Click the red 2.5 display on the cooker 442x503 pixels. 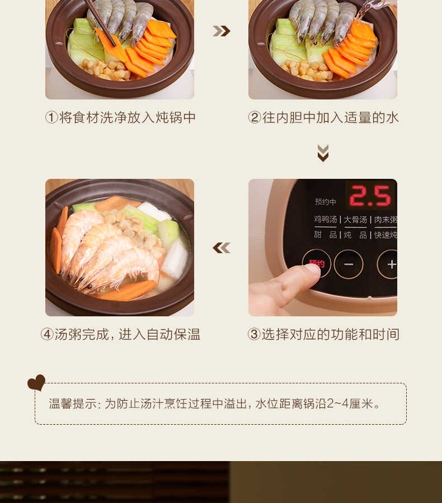pos(370,197)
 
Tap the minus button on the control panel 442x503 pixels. pos(349,264)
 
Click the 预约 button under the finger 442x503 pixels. pos(317,263)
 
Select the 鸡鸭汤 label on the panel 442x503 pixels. pos(326,219)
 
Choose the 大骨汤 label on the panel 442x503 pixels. pos(356,219)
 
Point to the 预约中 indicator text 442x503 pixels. pos(326,202)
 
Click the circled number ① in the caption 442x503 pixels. pos(51,117)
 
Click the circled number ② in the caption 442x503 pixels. pos(255,117)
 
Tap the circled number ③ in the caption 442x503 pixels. pos(254,334)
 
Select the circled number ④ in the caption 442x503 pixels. pos(47,334)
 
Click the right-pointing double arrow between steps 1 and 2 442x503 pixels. pos(222,31)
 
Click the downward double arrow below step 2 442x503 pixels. pos(323,153)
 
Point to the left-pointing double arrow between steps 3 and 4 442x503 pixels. pos(222,248)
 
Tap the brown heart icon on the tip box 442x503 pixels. pos(36,383)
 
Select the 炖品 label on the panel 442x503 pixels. pos(355,235)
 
